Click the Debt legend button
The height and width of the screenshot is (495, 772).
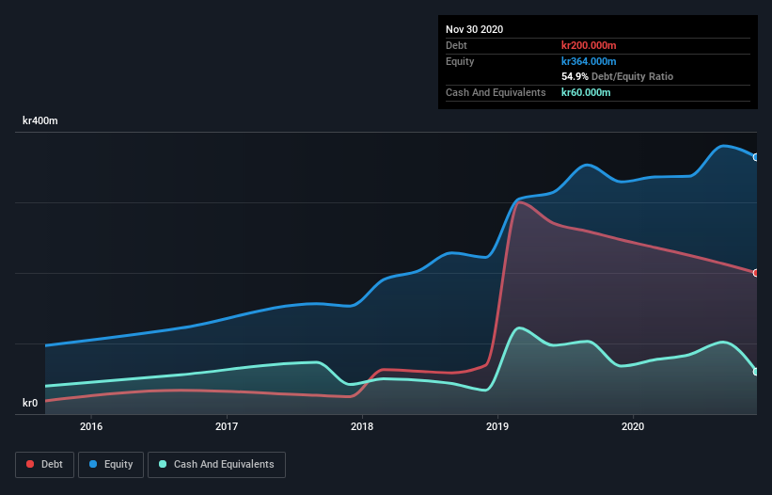pos(44,464)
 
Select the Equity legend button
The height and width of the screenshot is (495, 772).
pos(112,464)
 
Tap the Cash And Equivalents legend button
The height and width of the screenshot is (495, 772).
pos(216,464)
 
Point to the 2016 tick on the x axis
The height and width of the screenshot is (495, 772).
pos(91,426)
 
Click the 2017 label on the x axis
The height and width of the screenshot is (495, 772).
pos(227,426)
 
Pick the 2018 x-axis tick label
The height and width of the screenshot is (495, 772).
pos(362,426)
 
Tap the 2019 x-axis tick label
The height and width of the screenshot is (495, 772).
pos(497,426)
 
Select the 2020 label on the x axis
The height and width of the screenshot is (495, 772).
pos(633,426)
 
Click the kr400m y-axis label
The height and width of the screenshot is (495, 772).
pos(40,121)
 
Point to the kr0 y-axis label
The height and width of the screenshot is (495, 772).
pos(30,403)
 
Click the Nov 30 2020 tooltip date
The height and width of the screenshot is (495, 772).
pos(474,29)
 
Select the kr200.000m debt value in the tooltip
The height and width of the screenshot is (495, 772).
pos(589,45)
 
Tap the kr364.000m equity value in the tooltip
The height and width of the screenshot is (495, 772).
pos(589,61)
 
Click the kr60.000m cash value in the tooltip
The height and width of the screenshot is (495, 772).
pos(586,92)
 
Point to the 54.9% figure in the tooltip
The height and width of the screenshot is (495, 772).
pos(575,76)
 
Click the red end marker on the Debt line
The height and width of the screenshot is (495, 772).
pos(756,273)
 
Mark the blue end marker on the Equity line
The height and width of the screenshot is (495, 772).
pos(756,157)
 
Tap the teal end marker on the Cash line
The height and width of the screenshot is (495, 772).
pos(756,372)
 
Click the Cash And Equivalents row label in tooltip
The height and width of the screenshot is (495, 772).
pos(496,92)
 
